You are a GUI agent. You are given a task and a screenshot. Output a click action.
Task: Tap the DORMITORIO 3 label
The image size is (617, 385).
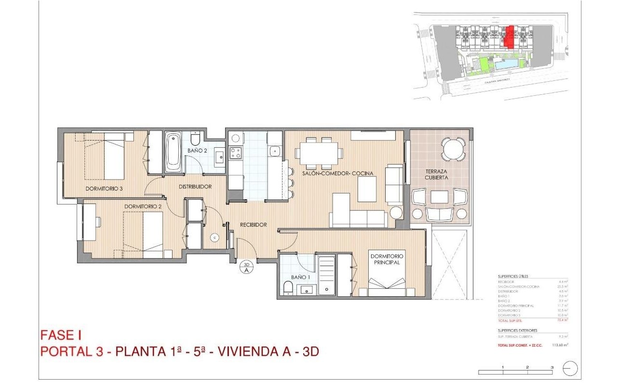point(104,189)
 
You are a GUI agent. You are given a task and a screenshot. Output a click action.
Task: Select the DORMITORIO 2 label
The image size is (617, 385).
point(143,206)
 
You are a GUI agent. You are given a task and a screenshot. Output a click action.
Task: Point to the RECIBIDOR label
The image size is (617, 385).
point(254,225)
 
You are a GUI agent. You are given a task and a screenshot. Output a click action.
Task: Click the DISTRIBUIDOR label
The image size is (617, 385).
point(195,187)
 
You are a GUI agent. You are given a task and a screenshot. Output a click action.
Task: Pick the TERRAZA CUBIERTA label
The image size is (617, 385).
point(436,174)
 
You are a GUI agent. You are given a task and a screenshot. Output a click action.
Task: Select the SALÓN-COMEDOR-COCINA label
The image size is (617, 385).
point(338,173)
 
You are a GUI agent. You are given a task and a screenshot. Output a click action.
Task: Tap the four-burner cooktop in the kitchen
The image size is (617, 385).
point(235,153)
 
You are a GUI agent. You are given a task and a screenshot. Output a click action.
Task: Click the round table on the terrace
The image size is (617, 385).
point(454,149)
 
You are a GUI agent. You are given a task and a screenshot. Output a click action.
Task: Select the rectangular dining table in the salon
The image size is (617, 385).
point(318,153)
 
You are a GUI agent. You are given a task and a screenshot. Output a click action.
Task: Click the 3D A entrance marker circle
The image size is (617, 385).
point(246,267)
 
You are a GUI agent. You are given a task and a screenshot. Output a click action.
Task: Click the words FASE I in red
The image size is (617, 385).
point(64,335)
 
